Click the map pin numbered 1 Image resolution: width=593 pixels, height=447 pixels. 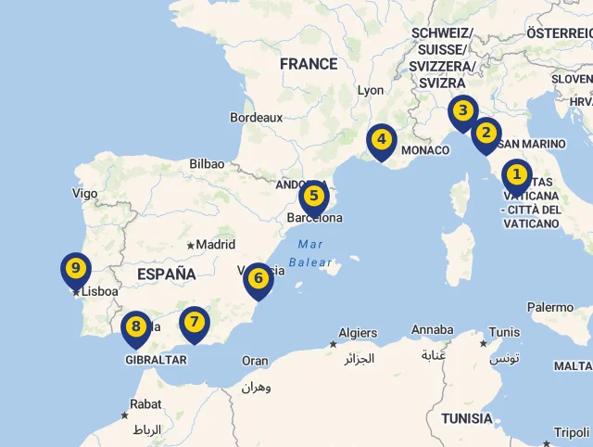516,175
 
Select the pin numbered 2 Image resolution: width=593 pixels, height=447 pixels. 486,134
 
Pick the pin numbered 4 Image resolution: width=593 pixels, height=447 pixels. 381,141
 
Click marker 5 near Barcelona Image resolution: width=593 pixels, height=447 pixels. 314,197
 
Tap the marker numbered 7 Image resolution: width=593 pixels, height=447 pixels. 194,323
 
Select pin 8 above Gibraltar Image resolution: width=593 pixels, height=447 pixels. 136,326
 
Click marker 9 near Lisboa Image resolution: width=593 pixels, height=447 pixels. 76,270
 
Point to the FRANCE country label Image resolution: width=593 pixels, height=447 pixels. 309,64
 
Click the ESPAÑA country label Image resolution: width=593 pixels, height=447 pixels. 167,275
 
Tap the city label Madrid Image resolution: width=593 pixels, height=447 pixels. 216,245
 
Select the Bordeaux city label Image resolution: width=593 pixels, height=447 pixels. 257,118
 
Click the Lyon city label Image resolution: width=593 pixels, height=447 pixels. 371,90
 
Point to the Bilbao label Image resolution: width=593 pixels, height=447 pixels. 207,163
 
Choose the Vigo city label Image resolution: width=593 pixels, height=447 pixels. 84,194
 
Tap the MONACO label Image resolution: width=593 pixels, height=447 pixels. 425,150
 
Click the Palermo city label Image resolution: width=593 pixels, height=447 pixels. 550,307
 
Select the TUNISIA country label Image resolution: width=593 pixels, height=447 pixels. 467,418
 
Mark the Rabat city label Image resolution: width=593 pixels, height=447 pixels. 145,404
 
